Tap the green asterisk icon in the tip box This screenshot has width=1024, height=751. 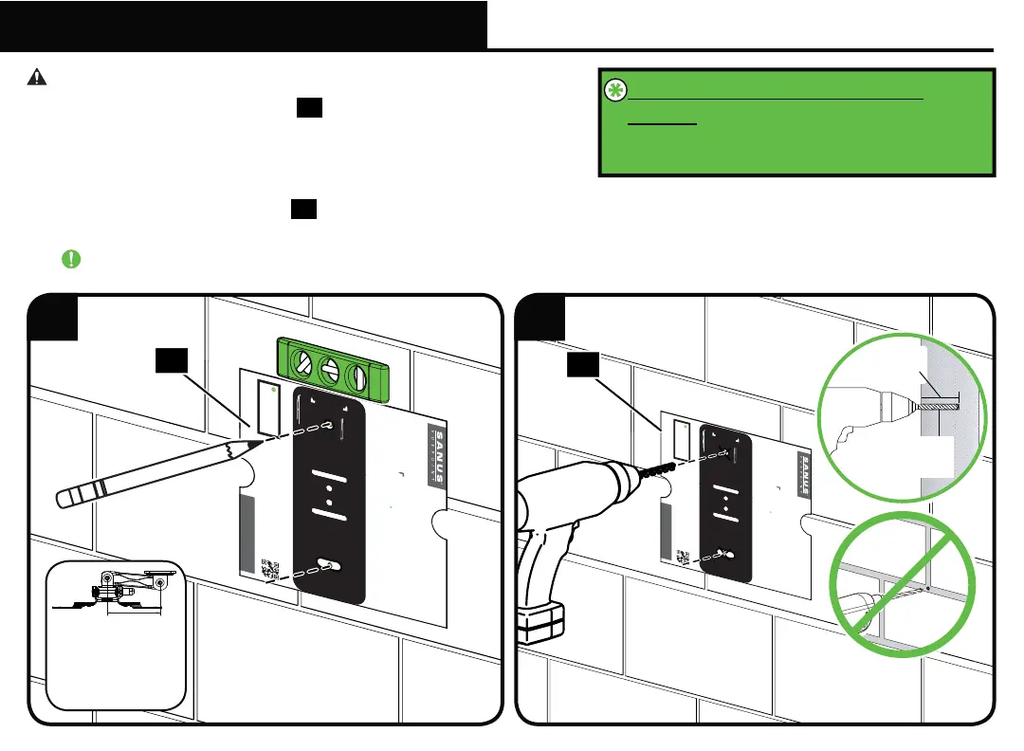[x=615, y=90]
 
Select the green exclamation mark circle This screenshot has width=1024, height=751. [x=70, y=258]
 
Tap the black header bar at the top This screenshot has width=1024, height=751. [x=244, y=25]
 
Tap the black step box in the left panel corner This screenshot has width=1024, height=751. [x=53, y=318]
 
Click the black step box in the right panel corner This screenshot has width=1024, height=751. [x=540, y=318]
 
